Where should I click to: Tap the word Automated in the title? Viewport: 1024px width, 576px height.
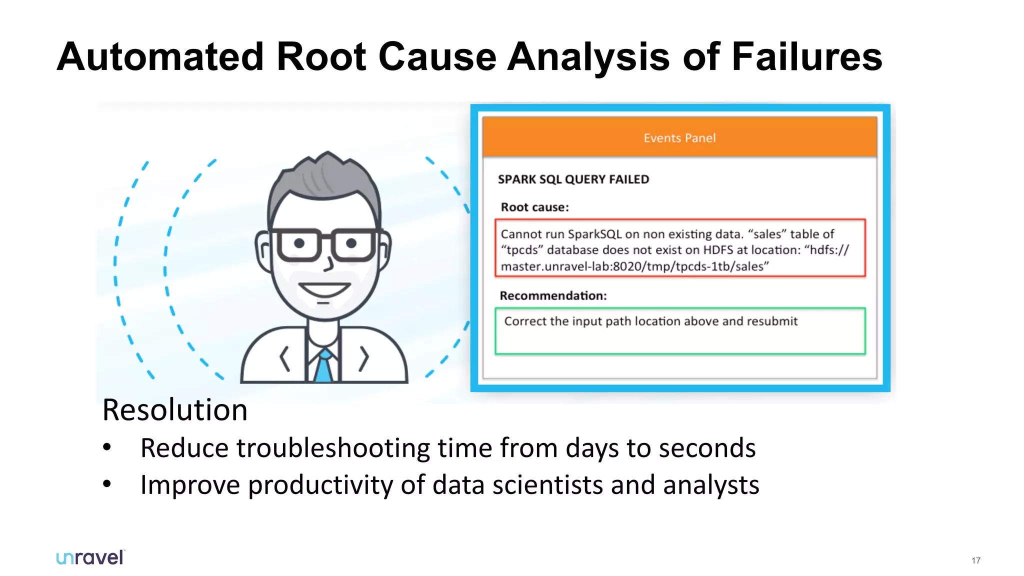(160, 57)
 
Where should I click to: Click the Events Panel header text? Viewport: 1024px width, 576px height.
(679, 138)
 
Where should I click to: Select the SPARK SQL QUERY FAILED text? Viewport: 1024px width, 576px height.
(573, 179)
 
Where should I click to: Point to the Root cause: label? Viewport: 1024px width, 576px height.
(534, 207)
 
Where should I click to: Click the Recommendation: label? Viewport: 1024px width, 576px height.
(553, 295)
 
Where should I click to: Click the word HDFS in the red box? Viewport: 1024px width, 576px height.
(718, 250)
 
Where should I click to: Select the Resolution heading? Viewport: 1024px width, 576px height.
(174, 410)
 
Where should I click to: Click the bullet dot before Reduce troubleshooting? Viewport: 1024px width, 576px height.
(107, 447)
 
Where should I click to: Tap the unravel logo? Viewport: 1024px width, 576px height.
(90, 557)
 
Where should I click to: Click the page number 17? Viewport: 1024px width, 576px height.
(976, 560)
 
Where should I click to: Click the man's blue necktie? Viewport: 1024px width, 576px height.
(324, 367)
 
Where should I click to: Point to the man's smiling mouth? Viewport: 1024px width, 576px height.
(324, 289)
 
